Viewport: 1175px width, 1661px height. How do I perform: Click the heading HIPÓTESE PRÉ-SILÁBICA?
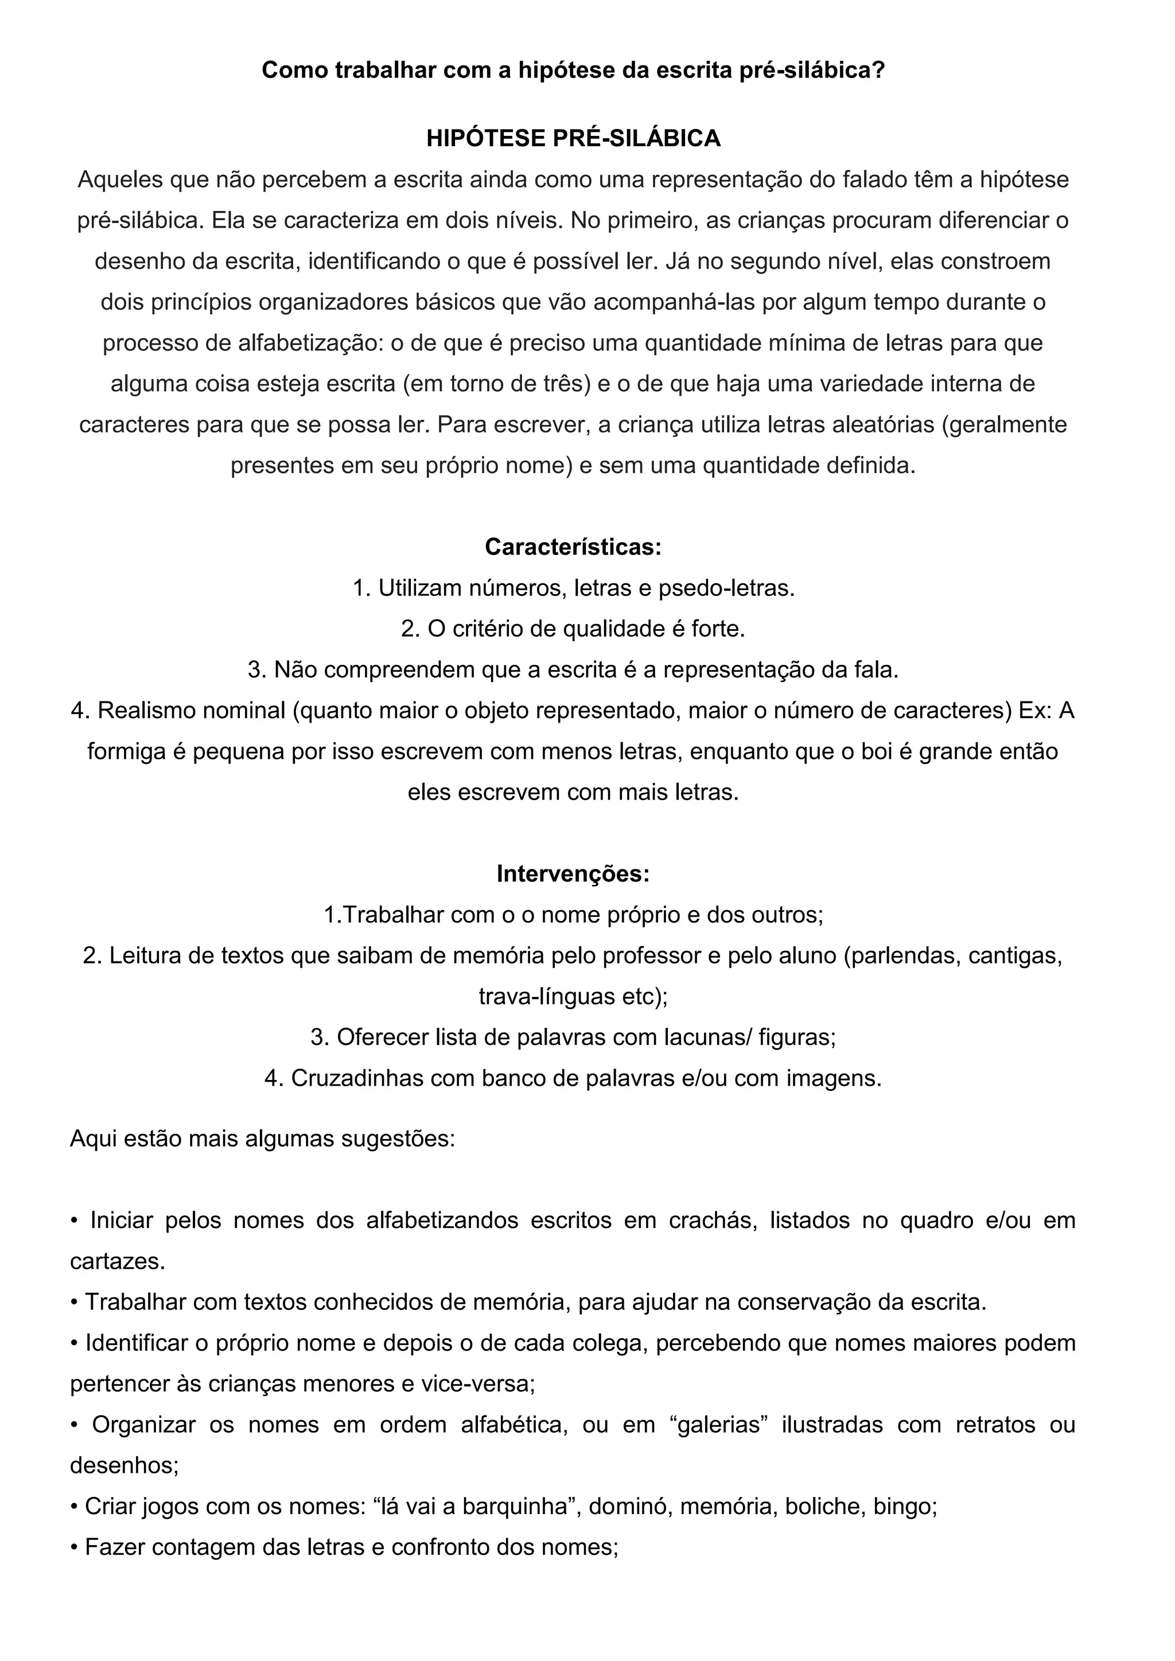click(x=573, y=138)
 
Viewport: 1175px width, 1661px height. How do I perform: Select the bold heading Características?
click(x=573, y=547)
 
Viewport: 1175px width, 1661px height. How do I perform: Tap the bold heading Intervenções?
click(x=573, y=874)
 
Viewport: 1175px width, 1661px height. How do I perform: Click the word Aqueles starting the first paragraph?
click(x=120, y=180)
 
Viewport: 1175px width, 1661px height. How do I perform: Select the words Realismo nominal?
click(x=192, y=711)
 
